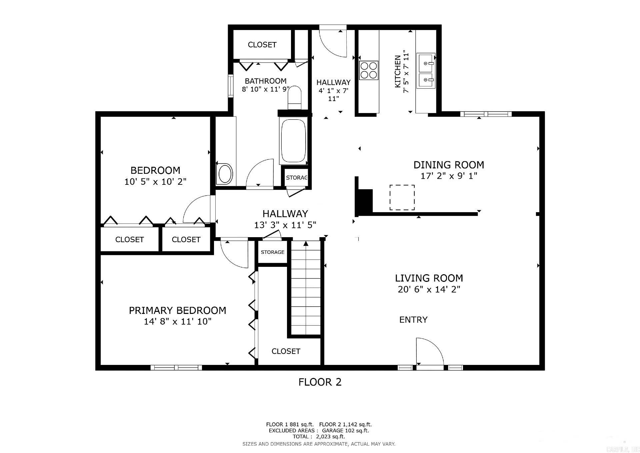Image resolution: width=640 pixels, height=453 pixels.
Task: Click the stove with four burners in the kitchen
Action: [368, 70]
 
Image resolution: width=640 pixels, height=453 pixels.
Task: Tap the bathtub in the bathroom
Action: [293, 141]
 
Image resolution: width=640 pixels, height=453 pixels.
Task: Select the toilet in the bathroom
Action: [294, 98]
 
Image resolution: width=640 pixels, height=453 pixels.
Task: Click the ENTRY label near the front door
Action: [413, 320]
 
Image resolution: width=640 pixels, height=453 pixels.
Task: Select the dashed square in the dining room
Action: [402, 197]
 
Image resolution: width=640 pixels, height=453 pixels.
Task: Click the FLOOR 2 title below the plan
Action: [320, 382]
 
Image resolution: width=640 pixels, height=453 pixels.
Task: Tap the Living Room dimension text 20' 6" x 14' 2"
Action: [429, 289]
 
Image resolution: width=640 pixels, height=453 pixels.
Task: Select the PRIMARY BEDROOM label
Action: [177, 310]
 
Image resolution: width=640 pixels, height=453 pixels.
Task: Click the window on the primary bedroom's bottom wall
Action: [176, 368]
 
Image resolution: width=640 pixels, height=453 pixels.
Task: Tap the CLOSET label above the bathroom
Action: [262, 45]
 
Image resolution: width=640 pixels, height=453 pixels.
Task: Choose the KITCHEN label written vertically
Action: [398, 72]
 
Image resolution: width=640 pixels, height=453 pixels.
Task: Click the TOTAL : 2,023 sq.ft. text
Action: [319, 436]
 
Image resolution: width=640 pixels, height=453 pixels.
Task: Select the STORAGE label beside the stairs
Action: [272, 252]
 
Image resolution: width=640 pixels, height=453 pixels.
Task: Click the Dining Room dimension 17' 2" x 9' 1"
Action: [449, 176]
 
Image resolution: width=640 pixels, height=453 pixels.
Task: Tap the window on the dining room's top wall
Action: [486, 114]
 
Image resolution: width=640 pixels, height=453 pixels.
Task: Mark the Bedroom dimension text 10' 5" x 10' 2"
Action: [155, 182]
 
